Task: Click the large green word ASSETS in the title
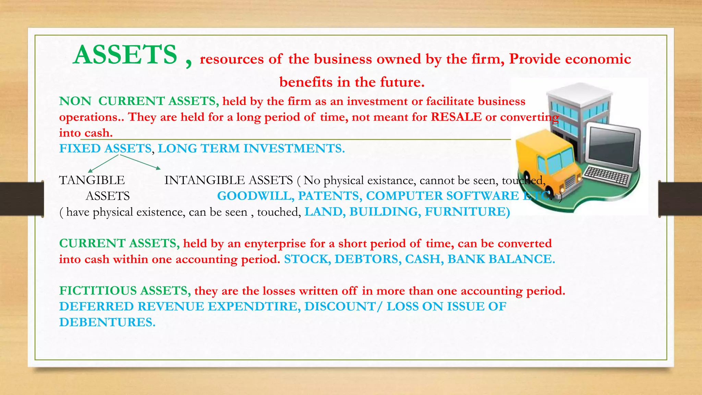(x=125, y=55)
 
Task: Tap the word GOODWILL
(x=255, y=196)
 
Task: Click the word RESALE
(x=456, y=117)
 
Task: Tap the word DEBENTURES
(x=107, y=322)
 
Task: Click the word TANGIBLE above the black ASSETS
(x=92, y=180)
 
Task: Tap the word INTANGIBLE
(x=204, y=180)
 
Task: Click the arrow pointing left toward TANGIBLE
(x=103, y=163)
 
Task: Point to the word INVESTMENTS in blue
(x=294, y=148)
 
